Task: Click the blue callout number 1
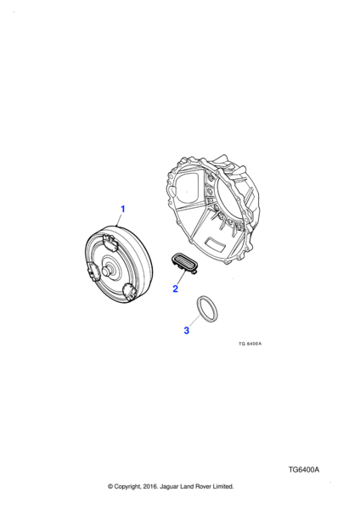(x=123, y=209)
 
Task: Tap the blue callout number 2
(x=176, y=288)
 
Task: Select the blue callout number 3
(x=187, y=331)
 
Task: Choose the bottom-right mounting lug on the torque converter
(x=130, y=291)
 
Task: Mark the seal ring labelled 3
(x=207, y=310)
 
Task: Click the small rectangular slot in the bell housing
(x=215, y=243)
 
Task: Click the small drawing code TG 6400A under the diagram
(x=250, y=344)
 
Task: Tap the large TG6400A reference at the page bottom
(x=304, y=470)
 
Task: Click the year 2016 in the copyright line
(x=149, y=487)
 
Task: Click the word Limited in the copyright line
(x=223, y=487)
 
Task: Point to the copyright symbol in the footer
(x=110, y=487)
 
